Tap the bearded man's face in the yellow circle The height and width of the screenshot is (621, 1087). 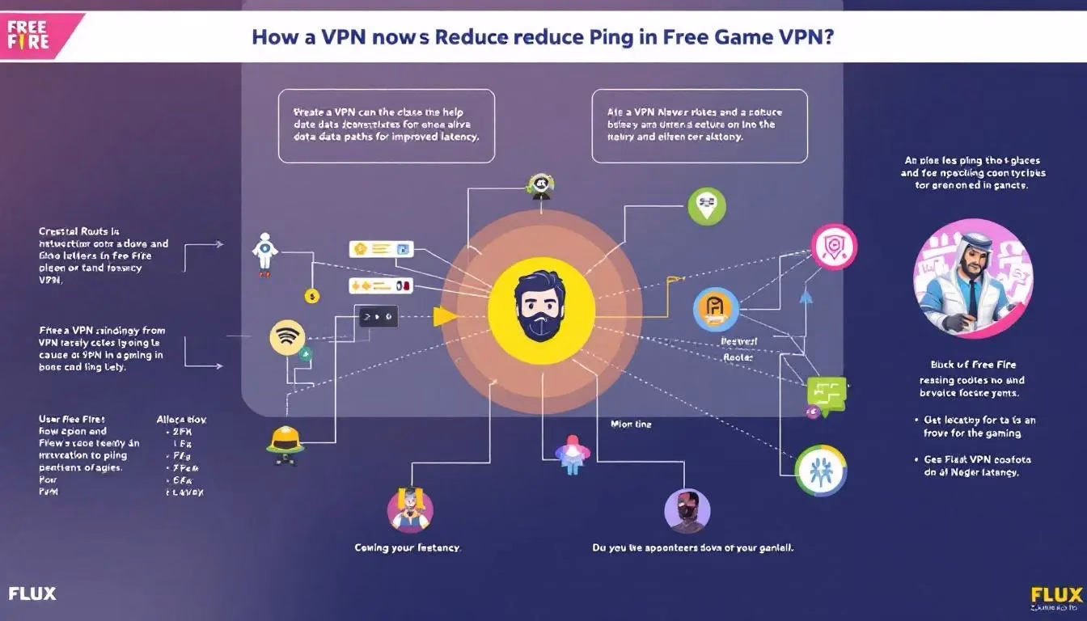tap(542, 305)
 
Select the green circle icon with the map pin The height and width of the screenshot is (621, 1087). tap(707, 206)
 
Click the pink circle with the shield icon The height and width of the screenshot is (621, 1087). tap(834, 247)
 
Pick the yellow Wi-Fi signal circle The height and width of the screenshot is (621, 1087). tap(287, 338)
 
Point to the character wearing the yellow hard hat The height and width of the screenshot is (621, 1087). tap(285, 442)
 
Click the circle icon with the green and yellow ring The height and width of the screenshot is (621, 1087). tap(820, 470)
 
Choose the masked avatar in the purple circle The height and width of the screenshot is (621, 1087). tap(687, 511)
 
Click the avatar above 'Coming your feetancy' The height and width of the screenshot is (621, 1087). tap(409, 509)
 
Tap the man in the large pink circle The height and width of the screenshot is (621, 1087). tap(972, 277)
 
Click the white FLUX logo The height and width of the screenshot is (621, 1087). tap(32, 594)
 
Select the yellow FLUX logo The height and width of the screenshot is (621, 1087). tap(1056, 594)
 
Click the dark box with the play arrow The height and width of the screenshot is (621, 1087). tap(379, 316)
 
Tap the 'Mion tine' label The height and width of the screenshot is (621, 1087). tap(631, 424)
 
